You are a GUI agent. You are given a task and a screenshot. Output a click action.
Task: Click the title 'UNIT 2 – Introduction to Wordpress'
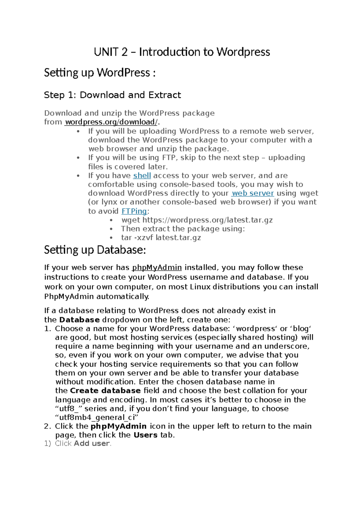(x=182, y=52)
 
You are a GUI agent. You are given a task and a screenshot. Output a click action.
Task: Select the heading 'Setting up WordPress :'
(x=100, y=73)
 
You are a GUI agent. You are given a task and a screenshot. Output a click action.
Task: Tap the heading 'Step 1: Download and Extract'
(x=112, y=95)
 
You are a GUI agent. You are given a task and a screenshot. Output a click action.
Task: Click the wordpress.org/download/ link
(x=111, y=122)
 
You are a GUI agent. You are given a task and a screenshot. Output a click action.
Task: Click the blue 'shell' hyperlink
(x=142, y=175)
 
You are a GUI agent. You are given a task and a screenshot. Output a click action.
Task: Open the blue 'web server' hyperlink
(x=253, y=193)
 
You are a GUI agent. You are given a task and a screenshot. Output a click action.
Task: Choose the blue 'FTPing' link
(x=134, y=211)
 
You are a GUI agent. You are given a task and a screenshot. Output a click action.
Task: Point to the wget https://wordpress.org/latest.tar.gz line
(x=197, y=220)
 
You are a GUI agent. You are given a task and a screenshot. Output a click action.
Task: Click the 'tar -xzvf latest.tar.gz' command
(x=161, y=237)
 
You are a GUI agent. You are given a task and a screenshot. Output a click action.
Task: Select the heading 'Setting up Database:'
(x=95, y=250)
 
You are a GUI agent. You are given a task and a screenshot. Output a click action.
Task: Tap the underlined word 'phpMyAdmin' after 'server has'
(x=157, y=267)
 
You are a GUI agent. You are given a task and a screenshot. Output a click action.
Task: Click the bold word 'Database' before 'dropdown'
(x=79, y=320)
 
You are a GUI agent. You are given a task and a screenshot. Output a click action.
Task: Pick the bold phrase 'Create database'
(x=105, y=390)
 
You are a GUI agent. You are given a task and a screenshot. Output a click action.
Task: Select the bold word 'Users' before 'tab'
(x=146, y=435)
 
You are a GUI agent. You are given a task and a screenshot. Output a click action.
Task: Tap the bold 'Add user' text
(x=92, y=443)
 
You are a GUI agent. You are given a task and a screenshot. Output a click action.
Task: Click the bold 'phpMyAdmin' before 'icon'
(x=119, y=426)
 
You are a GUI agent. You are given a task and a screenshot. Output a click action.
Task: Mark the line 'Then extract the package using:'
(x=183, y=229)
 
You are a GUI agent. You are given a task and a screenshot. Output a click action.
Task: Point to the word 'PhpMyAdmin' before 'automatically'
(x=69, y=296)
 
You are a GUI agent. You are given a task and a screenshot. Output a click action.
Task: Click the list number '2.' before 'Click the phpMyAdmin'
(x=47, y=426)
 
